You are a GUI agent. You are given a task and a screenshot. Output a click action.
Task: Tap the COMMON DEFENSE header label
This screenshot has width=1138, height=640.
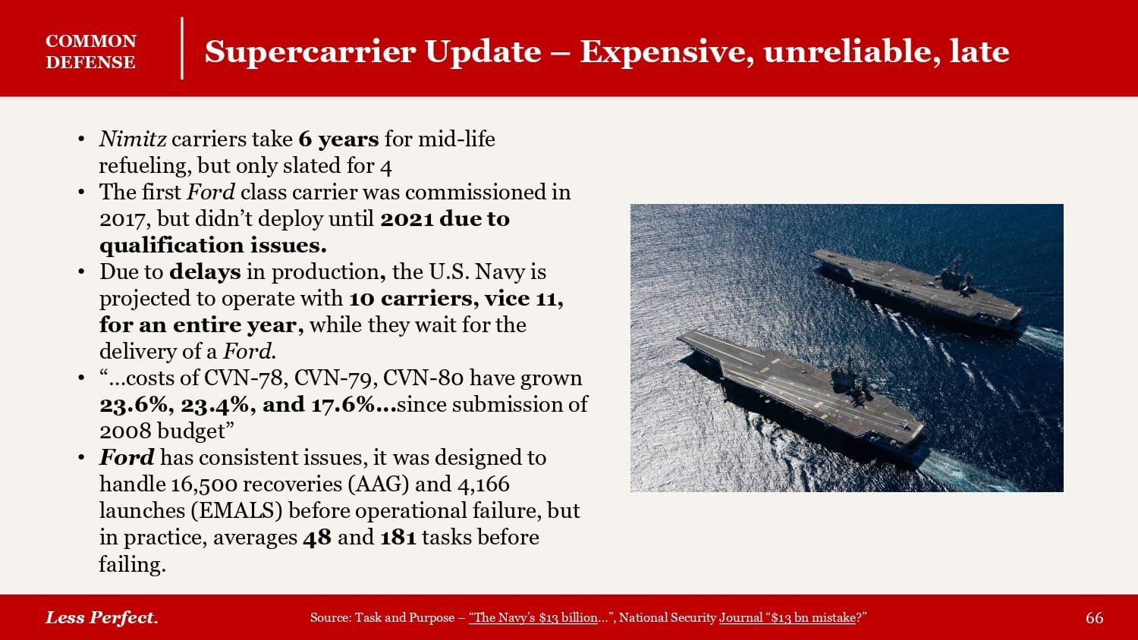pyautogui.click(x=91, y=52)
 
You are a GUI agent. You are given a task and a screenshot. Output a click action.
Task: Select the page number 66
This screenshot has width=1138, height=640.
pyautogui.click(x=1094, y=618)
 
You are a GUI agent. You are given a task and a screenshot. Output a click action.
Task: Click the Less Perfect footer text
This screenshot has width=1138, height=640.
pyautogui.click(x=102, y=618)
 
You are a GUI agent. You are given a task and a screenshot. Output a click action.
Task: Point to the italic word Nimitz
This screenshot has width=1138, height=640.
pyautogui.click(x=133, y=139)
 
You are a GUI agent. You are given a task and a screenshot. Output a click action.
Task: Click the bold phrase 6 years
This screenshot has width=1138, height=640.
pyautogui.click(x=338, y=140)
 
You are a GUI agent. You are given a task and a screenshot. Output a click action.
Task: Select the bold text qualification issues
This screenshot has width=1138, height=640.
pyautogui.click(x=213, y=246)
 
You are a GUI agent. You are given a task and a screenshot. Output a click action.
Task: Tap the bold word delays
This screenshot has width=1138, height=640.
pyautogui.click(x=205, y=271)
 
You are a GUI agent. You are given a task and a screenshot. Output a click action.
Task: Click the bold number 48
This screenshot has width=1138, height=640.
pyautogui.click(x=317, y=538)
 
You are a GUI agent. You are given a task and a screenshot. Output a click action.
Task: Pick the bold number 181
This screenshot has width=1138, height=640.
pyautogui.click(x=398, y=538)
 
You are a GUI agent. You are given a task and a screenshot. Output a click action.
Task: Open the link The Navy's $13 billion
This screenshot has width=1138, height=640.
pyautogui.click(x=533, y=618)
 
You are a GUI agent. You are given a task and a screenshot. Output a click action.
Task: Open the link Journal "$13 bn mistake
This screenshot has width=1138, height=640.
pyautogui.click(x=787, y=618)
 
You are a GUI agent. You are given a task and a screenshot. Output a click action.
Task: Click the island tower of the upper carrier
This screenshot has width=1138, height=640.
pyautogui.click(x=955, y=276)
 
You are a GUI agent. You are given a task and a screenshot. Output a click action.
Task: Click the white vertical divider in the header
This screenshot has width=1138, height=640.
pyautogui.click(x=182, y=49)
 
